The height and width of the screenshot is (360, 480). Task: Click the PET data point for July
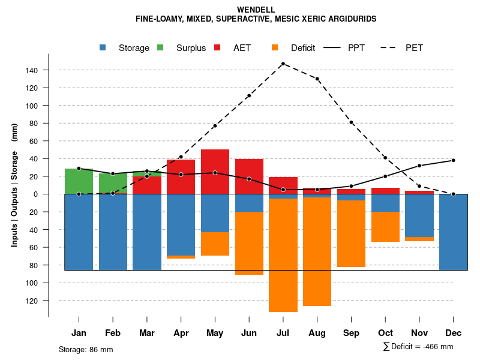coord(283,64)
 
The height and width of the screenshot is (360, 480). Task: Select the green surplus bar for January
coord(79,181)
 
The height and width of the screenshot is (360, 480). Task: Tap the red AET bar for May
coord(215,172)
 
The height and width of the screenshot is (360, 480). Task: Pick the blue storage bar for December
coord(454,232)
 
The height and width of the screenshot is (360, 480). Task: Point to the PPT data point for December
coord(454,160)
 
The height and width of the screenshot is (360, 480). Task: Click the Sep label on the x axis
coord(352,333)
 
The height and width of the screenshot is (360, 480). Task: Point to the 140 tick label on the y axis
coord(31,70)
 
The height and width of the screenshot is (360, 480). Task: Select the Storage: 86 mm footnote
coord(86,349)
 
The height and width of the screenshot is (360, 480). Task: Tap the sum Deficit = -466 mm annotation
coord(418,347)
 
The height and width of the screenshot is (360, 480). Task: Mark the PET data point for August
coord(317,79)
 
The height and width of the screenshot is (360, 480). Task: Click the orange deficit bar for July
coord(283,255)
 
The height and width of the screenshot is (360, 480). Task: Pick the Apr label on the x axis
coord(181,333)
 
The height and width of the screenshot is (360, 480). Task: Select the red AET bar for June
coord(249,176)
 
